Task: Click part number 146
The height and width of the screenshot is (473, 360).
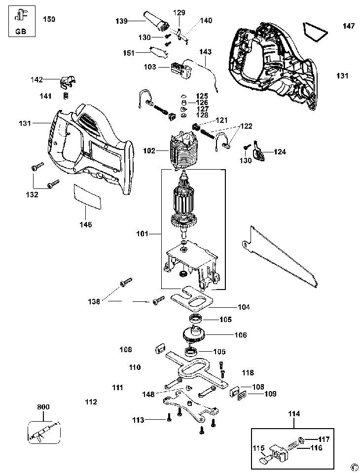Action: [x=86, y=224]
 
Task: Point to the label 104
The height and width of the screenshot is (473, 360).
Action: [x=244, y=307]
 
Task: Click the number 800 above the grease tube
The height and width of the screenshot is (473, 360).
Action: [x=43, y=407]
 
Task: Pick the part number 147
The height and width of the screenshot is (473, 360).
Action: [x=349, y=26]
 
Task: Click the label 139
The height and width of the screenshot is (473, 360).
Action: [x=121, y=21]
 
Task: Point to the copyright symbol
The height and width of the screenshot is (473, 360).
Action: [x=354, y=467]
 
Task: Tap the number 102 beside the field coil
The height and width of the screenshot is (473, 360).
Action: [x=149, y=150]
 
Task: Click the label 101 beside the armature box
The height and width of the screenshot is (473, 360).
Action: [x=143, y=233]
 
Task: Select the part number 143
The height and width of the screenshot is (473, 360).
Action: [x=205, y=51]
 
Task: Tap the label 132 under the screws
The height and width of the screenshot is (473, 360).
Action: [x=32, y=195]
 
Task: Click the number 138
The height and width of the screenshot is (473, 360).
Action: [x=94, y=300]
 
